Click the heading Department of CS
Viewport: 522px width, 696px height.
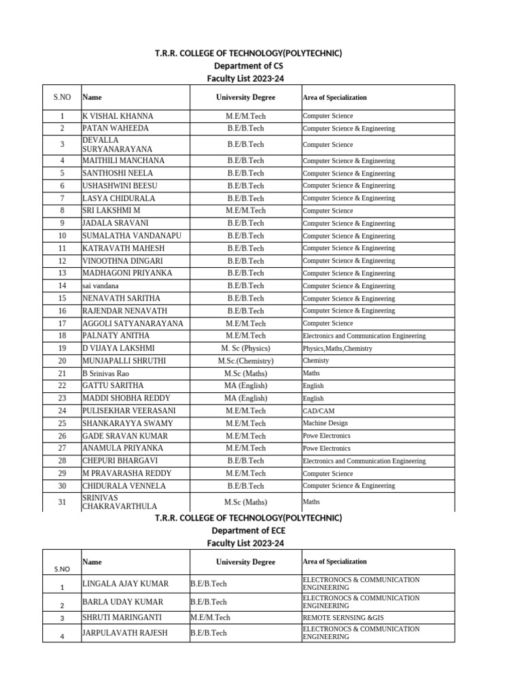pyautogui.click(x=248, y=66)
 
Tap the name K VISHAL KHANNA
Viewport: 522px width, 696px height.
pyautogui.click(x=118, y=116)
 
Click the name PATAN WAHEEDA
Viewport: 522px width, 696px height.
pyautogui.click(x=115, y=128)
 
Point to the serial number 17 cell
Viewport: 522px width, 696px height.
pyautogui.click(x=62, y=324)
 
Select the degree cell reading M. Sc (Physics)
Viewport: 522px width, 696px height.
pyautogui.click(x=245, y=348)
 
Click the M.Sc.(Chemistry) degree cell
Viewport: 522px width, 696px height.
pyautogui.click(x=245, y=361)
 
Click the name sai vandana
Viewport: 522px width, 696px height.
pyautogui.click(x=100, y=286)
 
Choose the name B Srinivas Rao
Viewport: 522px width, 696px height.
pyautogui.click(x=105, y=374)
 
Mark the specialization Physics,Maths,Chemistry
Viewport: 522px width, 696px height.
pyautogui.click(x=337, y=349)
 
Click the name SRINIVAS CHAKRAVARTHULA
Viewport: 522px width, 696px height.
pyautogui.click(x=119, y=502)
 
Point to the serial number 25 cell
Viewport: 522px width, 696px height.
pyautogui.click(x=62, y=423)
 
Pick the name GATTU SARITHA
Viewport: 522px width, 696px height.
pyautogui.click(x=112, y=385)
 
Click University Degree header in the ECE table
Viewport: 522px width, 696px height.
pyautogui.click(x=245, y=562)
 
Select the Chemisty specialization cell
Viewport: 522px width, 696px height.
pyautogui.click(x=315, y=361)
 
